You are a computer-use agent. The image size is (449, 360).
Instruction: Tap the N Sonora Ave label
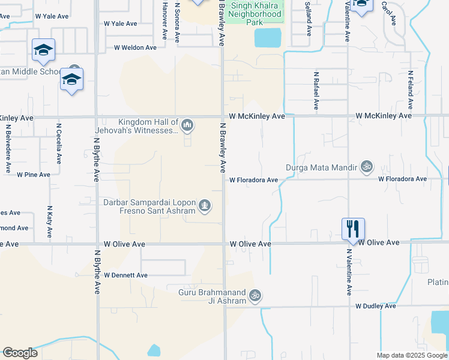pos(177,22)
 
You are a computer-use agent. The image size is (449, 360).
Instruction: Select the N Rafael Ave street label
pos(316,91)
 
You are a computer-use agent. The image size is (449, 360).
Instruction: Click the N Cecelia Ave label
pos(59,144)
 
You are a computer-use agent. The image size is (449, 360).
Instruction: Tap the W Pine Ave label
pos(34,175)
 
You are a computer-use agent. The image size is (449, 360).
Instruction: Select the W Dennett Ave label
pos(125,275)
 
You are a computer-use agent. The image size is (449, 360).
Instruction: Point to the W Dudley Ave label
pos(375,306)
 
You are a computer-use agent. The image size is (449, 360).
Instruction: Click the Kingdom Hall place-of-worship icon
pos(187,125)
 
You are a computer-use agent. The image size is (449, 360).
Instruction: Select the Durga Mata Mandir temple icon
pos(367,166)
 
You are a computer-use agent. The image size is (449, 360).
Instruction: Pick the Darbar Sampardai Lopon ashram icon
pos(205,206)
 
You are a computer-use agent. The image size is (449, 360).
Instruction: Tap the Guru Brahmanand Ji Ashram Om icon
pos(255,295)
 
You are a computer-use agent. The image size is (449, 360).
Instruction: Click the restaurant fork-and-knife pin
pos(352,228)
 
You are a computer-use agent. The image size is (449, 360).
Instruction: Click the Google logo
pos(20,353)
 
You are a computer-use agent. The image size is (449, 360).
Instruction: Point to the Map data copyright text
pos(411,355)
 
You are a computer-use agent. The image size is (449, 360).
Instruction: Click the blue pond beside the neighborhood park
pos(268,38)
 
